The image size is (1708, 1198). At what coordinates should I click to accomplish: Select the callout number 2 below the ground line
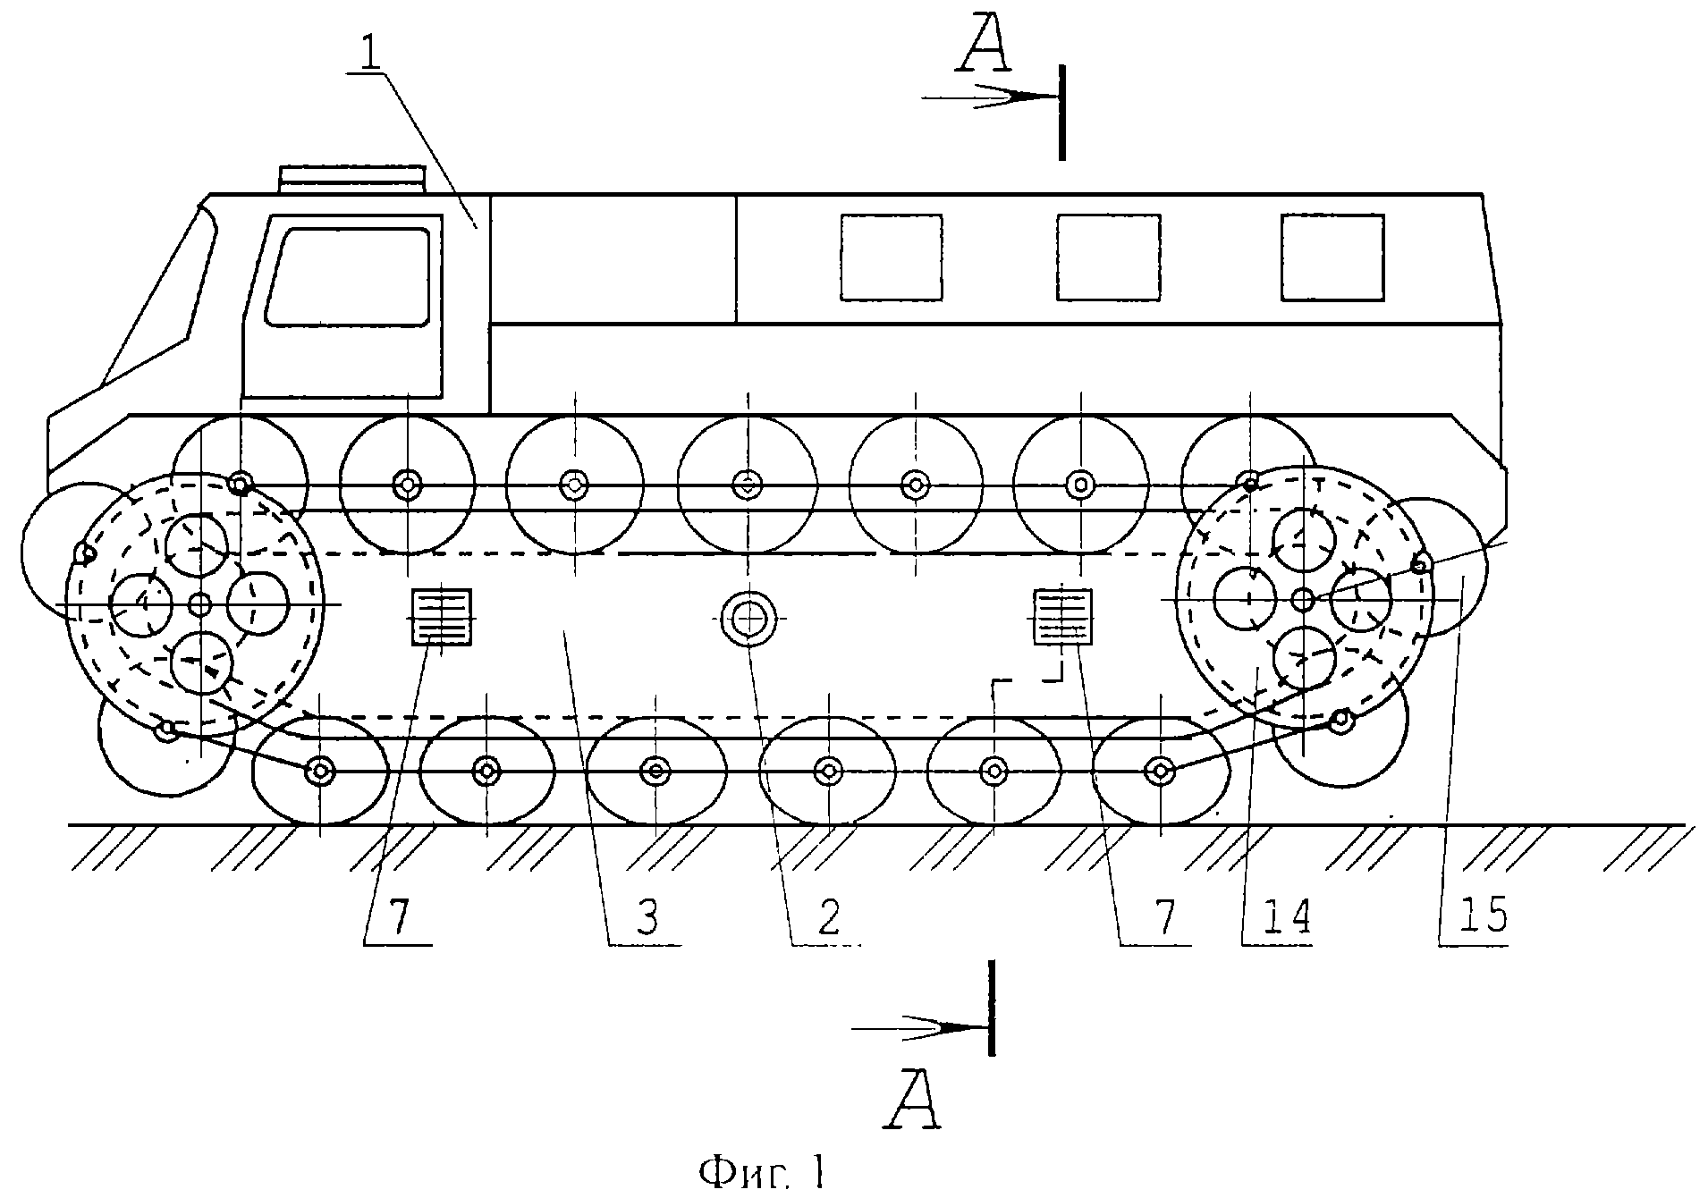tap(829, 917)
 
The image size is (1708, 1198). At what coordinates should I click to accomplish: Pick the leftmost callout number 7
tap(400, 917)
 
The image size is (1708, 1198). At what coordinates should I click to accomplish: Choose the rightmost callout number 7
tap(1163, 917)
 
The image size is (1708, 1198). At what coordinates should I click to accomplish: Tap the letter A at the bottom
tap(913, 1098)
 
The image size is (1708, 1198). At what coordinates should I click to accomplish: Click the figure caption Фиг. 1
tap(763, 1172)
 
